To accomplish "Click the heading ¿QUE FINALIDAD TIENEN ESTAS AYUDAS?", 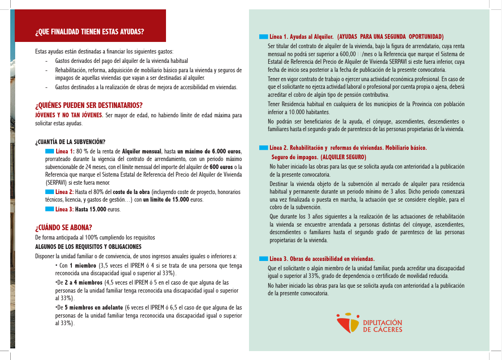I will (90, 32).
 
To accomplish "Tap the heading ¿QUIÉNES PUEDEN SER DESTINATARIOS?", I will (89, 106).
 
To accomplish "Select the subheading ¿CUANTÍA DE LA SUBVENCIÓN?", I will (70, 142).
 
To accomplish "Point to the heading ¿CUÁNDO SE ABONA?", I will (63, 228).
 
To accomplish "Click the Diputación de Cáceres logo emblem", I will (348, 323).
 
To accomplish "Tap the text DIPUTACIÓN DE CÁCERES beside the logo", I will (382, 326).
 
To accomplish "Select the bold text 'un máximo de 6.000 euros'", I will (209, 152).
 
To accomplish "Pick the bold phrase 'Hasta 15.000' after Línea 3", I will (91, 209).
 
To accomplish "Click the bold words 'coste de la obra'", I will (132, 192).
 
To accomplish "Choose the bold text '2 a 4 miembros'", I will (83, 283).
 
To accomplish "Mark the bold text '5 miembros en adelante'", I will (94, 308).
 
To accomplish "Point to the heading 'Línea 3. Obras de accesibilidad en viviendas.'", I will (322, 259).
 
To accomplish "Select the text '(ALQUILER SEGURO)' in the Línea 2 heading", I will (343, 157).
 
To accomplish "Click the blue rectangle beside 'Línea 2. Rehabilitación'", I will (263, 148).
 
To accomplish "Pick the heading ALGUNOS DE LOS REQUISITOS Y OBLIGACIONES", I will (88, 247).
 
